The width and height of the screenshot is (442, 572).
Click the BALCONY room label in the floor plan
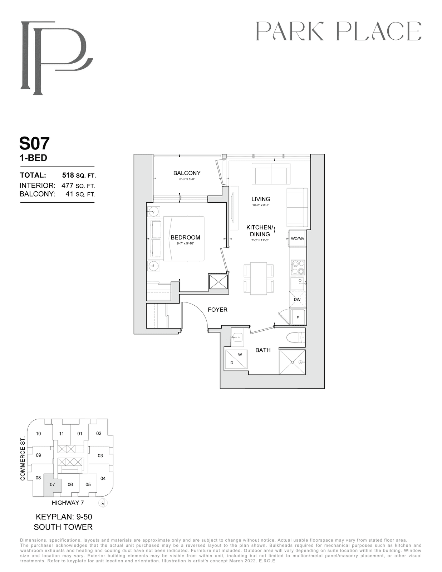coord(187,173)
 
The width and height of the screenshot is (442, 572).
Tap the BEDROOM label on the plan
coord(185,237)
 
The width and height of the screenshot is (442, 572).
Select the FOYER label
coord(217,310)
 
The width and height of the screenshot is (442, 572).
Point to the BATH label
coord(263,350)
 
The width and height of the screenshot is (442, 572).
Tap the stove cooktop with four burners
coord(298,267)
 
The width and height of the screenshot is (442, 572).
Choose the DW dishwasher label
coord(297,300)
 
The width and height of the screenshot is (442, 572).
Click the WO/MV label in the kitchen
coord(298,239)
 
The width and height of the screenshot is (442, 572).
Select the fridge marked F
coord(298,317)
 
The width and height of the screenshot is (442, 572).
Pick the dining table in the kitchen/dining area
coord(259,278)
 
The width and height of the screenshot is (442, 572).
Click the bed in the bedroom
coord(184,239)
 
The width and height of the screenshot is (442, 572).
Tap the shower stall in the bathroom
coord(292,362)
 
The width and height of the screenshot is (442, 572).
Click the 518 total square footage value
coord(68,175)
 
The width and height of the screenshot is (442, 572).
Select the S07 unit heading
coord(34,143)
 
